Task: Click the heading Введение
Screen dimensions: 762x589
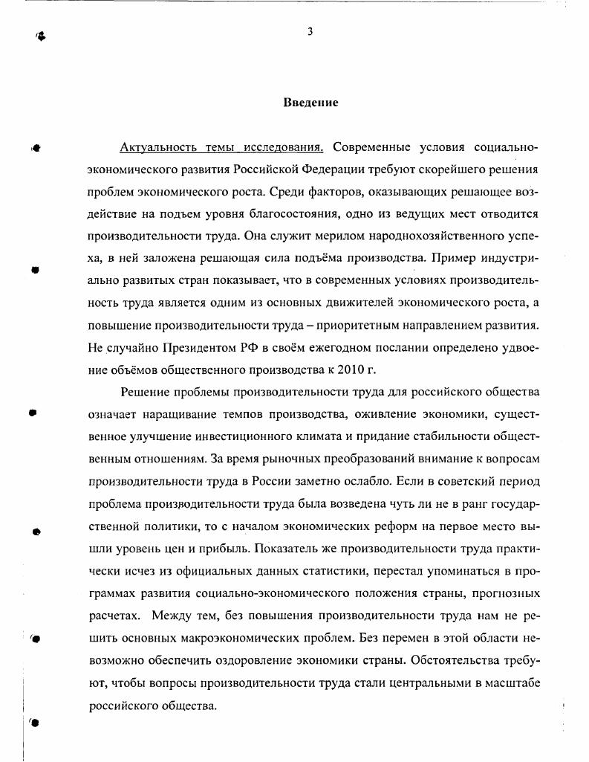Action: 310,103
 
